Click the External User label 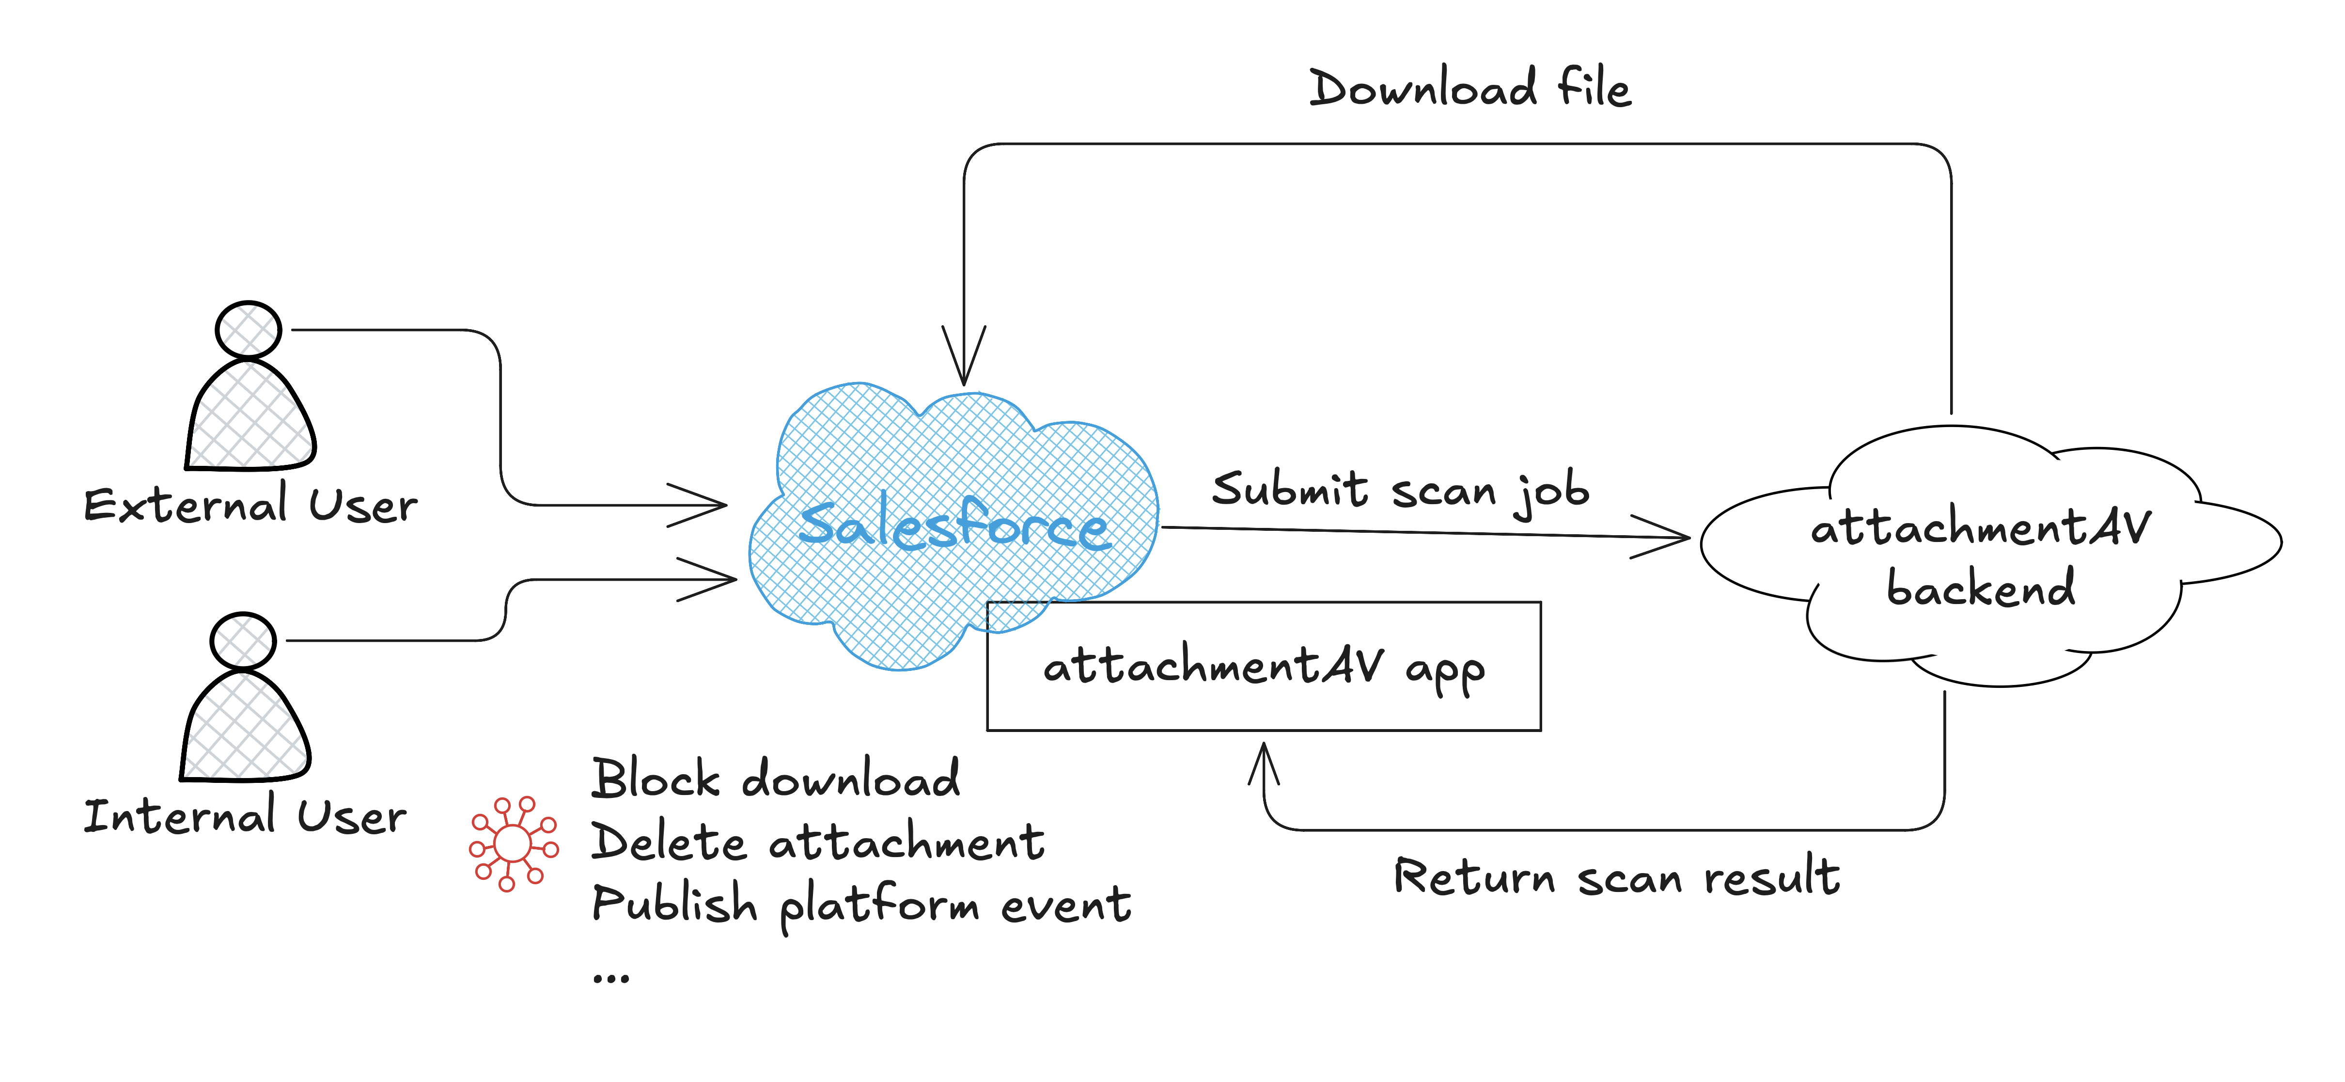[x=250, y=506]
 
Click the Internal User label [x=245, y=816]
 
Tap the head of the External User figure [x=248, y=330]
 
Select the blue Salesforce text [x=954, y=526]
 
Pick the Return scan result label [x=1617, y=877]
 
